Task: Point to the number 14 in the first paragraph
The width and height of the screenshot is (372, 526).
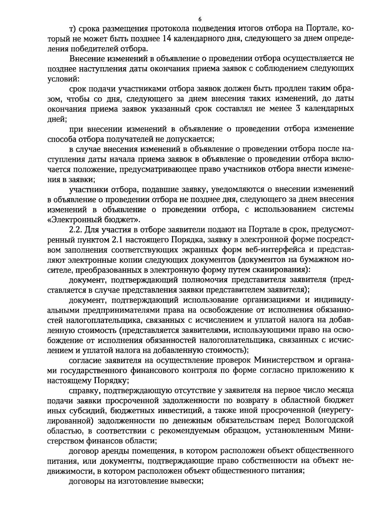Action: [x=168, y=39]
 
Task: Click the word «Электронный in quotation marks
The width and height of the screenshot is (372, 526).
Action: [x=75, y=220]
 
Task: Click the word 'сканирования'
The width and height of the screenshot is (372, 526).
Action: [x=278, y=270]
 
